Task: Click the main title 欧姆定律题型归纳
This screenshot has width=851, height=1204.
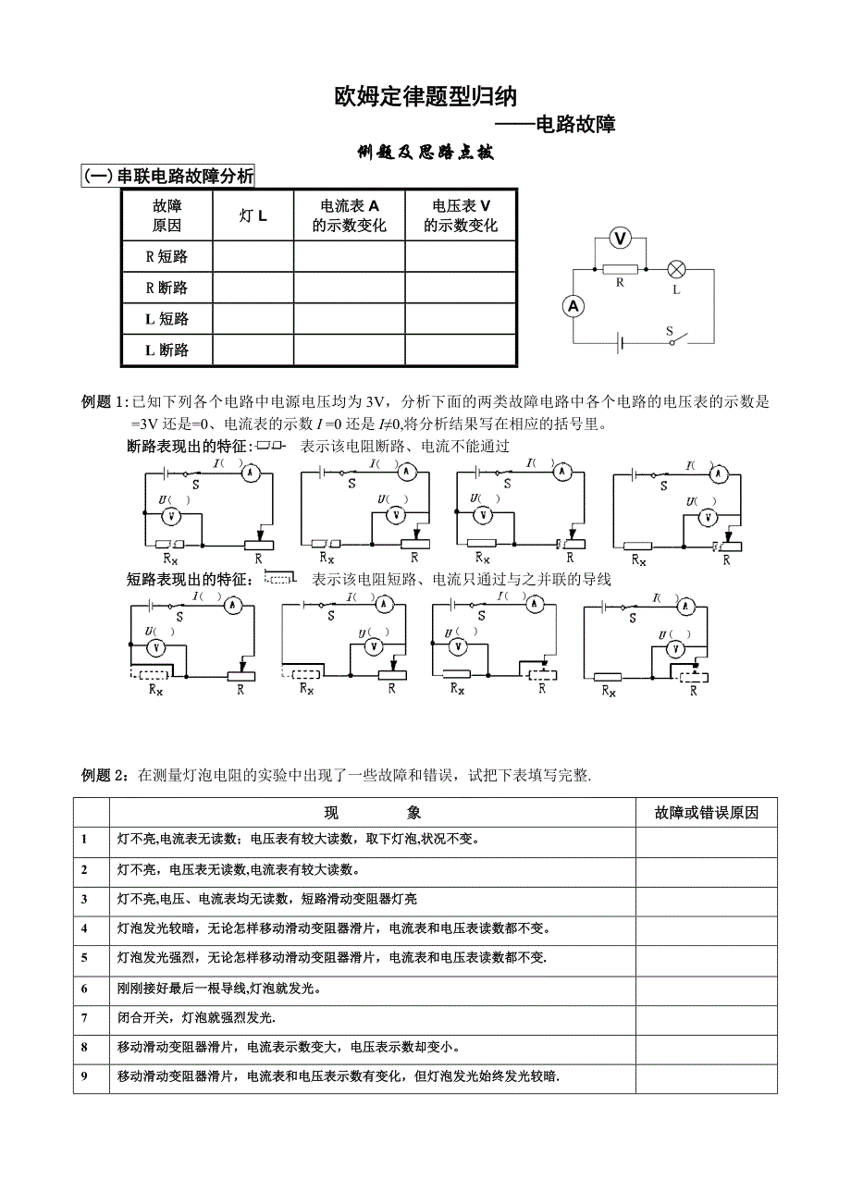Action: click(x=425, y=97)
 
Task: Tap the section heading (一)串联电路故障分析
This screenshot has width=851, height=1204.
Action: click(x=168, y=176)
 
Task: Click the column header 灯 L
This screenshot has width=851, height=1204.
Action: click(x=253, y=215)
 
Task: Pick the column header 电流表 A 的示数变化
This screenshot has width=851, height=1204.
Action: click(x=349, y=215)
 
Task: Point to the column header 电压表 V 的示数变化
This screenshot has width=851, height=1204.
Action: click(x=460, y=215)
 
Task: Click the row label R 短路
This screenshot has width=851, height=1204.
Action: click(x=167, y=257)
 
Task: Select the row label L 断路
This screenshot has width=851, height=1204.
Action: click(x=167, y=350)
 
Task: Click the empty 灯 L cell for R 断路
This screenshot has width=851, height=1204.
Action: click(x=253, y=288)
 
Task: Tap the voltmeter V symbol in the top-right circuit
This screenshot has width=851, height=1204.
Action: click(x=621, y=239)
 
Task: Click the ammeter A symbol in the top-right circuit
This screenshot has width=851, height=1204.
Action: click(x=573, y=307)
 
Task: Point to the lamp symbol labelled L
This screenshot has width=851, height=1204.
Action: click(x=676, y=269)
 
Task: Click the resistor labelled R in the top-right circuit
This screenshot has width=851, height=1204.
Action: click(x=620, y=269)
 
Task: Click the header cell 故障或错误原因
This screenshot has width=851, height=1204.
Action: click(x=706, y=812)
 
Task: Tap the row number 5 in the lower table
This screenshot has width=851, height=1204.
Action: click(x=84, y=928)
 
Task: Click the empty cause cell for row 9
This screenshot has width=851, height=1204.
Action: click(x=706, y=1077)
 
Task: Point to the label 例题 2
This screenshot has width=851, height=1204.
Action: click(x=101, y=775)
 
